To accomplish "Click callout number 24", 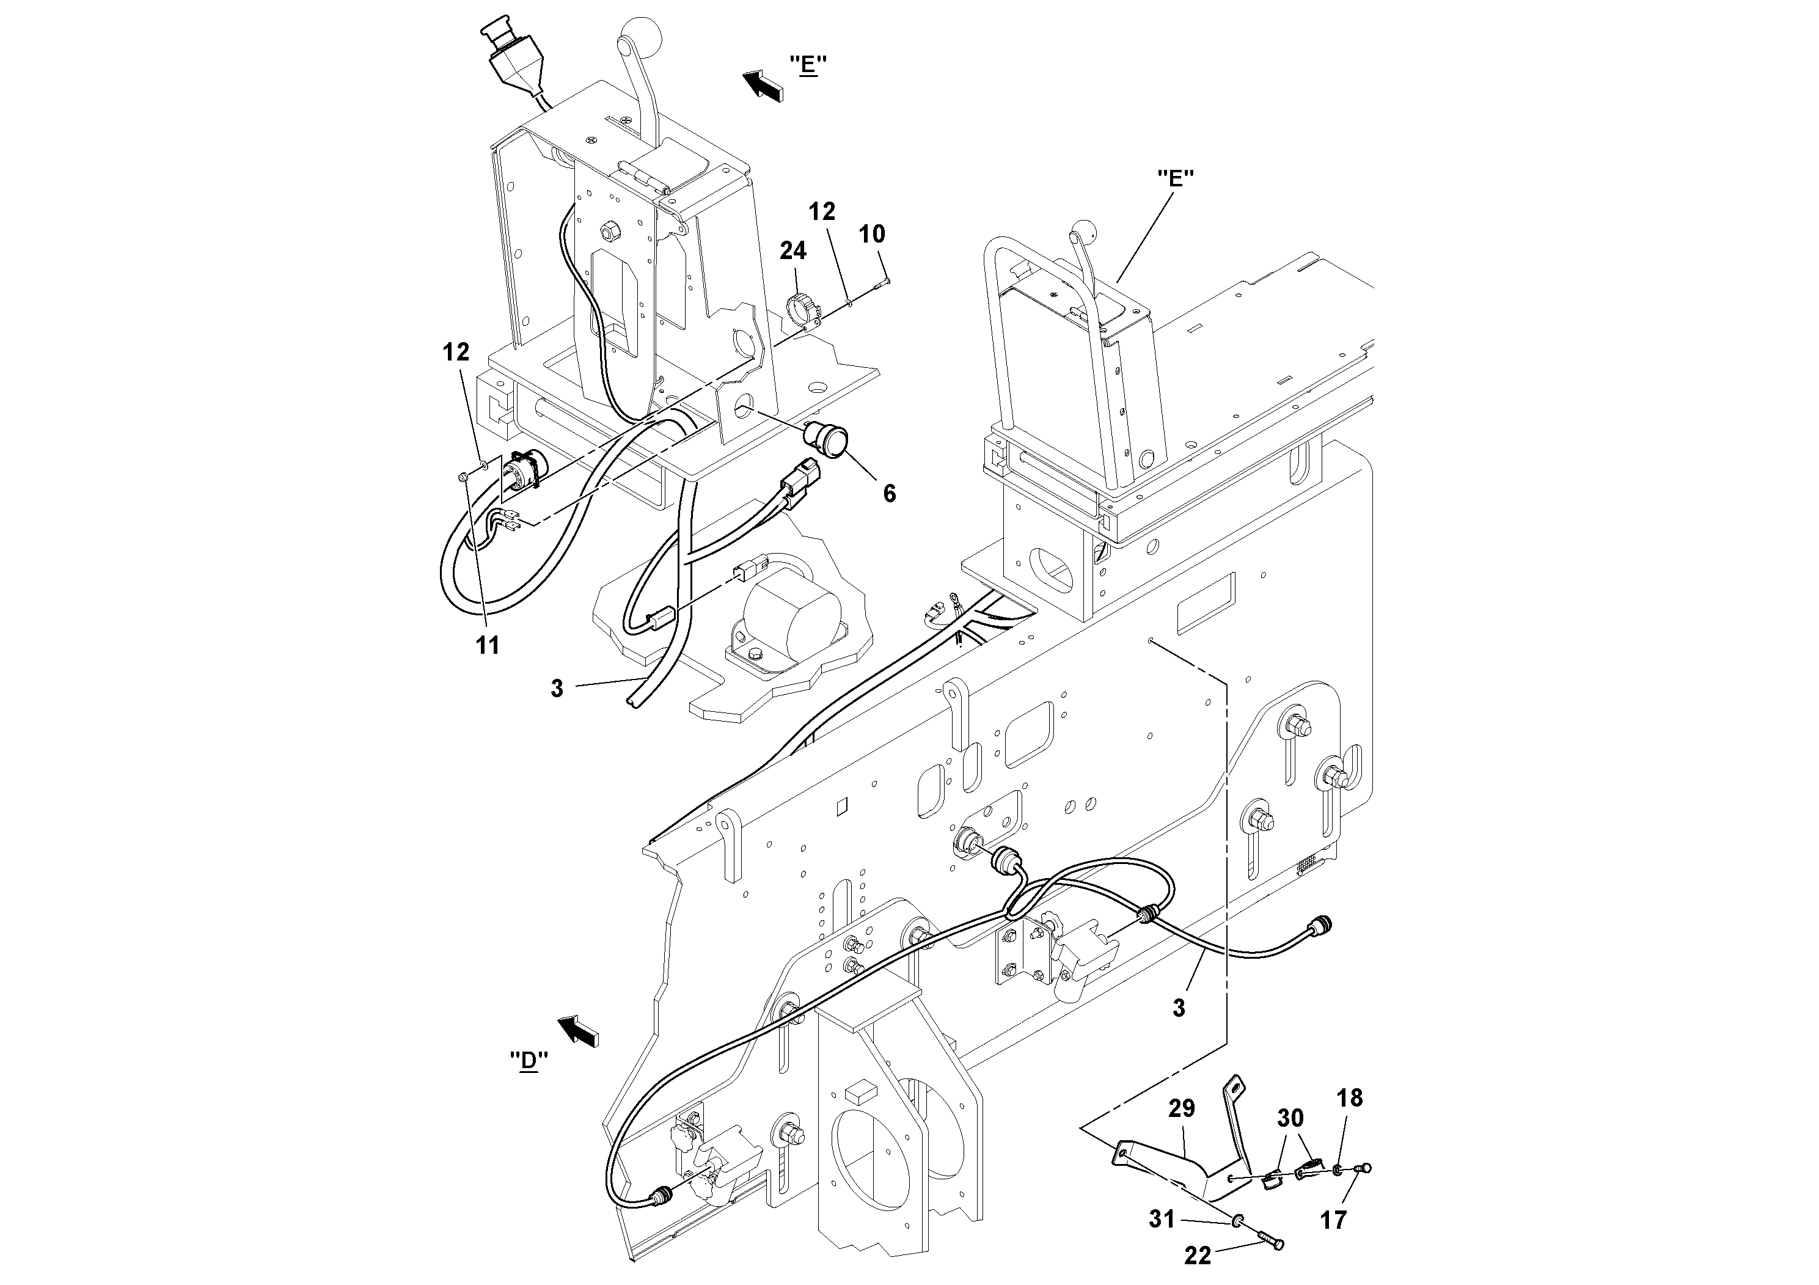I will coord(792,251).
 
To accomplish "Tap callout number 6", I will coord(889,494).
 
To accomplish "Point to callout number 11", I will coord(487,646).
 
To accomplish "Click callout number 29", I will coord(1181,1108).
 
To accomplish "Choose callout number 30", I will coord(1290,1119).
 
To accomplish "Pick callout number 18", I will coord(1350,1098).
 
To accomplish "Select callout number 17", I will coord(1333,1221).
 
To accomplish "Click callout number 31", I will coord(1162,1218).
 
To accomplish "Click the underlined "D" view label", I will coord(529,1061).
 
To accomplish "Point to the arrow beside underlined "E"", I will coord(761,84).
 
